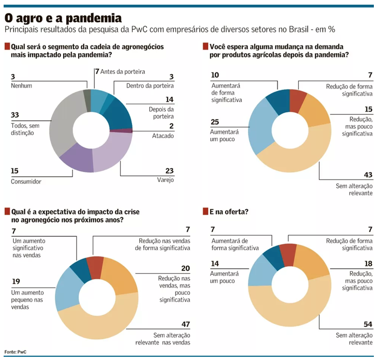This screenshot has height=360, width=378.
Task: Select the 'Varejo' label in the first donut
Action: (166, 180)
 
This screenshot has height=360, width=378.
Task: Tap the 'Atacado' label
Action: (164, 136)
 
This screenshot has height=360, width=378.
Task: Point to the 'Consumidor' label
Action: (26, 182)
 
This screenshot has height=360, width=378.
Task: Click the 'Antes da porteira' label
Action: (122, 71)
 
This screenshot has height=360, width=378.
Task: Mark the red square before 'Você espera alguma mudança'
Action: (206, 47)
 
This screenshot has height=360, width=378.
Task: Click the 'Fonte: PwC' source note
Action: (16, 352)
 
